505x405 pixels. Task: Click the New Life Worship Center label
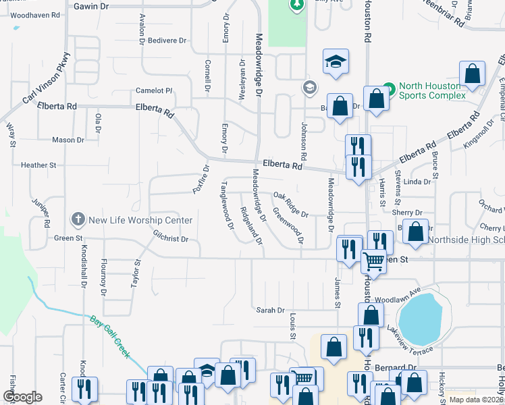tap(140, 220)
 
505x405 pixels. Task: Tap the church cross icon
tap(78, 220)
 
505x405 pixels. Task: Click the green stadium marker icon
tap(388, 88)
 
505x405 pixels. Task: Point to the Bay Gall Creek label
tap(109, 336)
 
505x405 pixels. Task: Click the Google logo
tap(22, 397)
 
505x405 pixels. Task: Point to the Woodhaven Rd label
tap(34, 14)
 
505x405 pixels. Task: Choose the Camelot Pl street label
tap(154, 90)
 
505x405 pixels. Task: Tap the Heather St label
tap(38, 165)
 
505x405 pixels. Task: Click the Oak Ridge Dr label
tap(291, 205)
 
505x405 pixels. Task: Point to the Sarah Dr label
tap(270, 310)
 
